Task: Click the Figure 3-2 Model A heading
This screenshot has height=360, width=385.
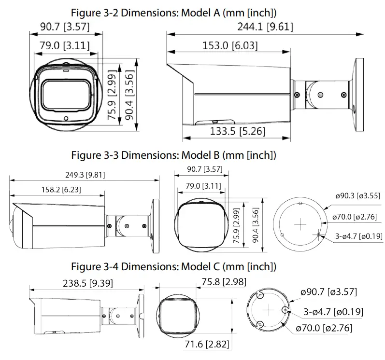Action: tap(173, 12)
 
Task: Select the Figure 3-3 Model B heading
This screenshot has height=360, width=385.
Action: tap(173, 155)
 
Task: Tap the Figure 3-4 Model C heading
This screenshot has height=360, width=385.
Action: tap(173, 266)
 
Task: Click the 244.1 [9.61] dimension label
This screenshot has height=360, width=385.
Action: tap(265, 27)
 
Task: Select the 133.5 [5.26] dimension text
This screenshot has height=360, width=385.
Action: tap(237, 131)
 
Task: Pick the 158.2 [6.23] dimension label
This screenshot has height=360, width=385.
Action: tap(60, 190)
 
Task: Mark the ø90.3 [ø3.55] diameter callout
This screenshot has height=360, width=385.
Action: tap(357, 196)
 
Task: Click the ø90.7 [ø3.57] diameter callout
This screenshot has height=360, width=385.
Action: tap(329, 292)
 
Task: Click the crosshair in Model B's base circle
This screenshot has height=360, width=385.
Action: tap(300, 224)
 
